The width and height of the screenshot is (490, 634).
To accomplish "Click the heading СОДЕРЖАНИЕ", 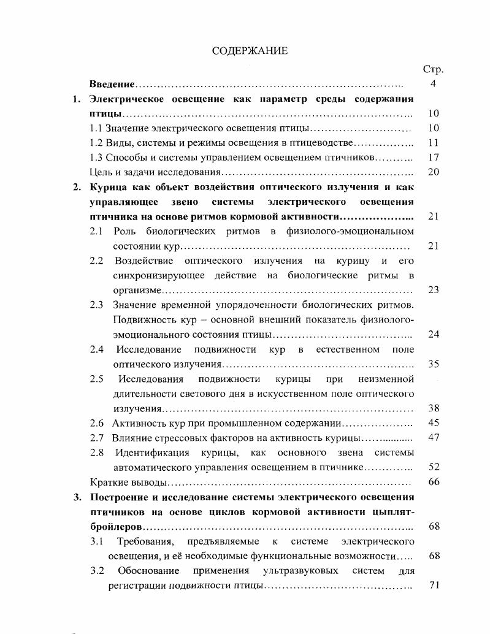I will coord(250,51).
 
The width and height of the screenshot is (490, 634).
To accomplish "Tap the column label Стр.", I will coord(433,69).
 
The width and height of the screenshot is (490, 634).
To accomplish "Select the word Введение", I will coord(112,83).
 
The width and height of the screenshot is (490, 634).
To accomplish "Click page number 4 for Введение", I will coord(433,83).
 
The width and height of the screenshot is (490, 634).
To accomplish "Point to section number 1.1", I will coord(96,128).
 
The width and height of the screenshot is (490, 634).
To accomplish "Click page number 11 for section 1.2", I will coord(434,143).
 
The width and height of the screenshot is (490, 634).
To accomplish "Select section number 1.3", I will coord(96,158).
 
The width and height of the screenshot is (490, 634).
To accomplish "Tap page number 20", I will coord(434,172).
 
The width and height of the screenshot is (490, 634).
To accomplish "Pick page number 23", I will coord(434,289).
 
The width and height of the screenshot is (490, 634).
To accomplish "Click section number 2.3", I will coord(96,305).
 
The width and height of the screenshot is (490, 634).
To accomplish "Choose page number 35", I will coord(434,364).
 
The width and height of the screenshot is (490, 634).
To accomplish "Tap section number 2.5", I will coord(96,379).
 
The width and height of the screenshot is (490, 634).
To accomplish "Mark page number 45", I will coord(434,423).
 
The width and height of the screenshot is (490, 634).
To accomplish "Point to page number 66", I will coord(434,482).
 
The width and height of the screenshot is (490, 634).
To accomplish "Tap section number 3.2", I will coord(98,571).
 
